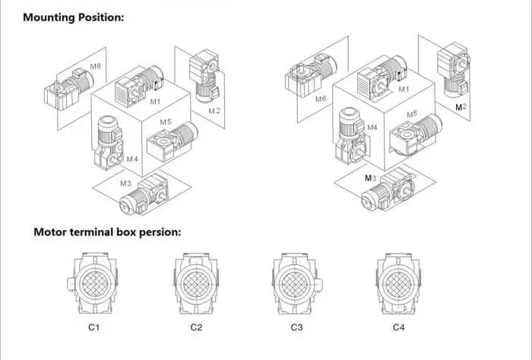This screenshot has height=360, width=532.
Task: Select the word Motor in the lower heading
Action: pyautogui.click(x=51, y=232)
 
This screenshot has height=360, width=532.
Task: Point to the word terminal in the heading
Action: pyautogui.click(x=94, y=232)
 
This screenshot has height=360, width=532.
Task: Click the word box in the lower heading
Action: pyautogui.click(x=131, y=232)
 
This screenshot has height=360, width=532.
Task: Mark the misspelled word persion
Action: pyautogui.click(x=163, y=232)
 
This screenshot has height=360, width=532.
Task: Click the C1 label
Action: pyautogui.click(x=96, y=327)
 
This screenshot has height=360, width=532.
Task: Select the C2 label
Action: pyautogui.click(x=196, y=327)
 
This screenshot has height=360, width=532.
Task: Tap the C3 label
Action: pyautogui.click(x=296, y=327)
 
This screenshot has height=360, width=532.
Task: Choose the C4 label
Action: pyautogui.click(x=398, y=327)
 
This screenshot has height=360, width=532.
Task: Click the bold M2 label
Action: pyautogui.click(x=461, y=108)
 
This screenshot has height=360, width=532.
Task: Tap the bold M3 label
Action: pyautogui.click(x=370, y=178)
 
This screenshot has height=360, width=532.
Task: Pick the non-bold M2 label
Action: pyautogui.click(x=214, y=111)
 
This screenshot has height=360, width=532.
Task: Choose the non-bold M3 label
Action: pyautogui.click(x=125, y=183)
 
